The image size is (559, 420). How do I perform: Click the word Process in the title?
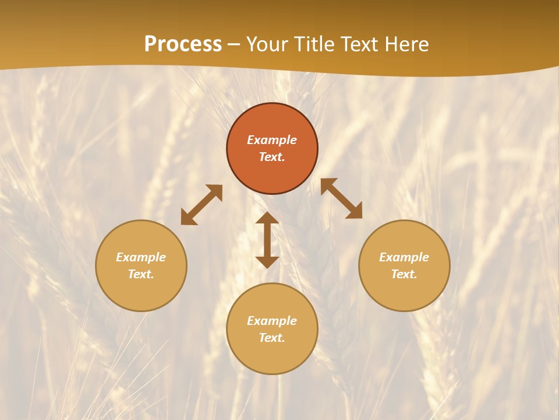point(183,44)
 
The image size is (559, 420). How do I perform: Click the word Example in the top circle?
point(272,140)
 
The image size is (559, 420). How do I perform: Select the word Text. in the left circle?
point(141,274)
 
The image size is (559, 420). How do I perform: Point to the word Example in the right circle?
point(404,257)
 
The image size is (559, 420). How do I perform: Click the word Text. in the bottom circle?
point(272,338)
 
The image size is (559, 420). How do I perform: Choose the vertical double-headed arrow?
point(267,240)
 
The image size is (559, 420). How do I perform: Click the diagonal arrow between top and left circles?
point(201,205)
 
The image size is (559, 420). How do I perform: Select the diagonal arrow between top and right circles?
point(341,198)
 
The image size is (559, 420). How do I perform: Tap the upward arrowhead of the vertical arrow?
point(267,218)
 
